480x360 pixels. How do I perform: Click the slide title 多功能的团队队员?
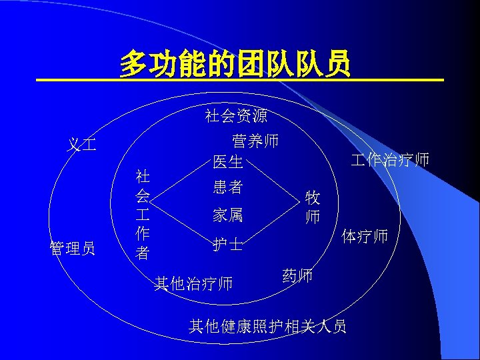(x=235, y=65)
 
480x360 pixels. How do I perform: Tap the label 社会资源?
(x=236, y=116)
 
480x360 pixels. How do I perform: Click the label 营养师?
(x=255, y=141)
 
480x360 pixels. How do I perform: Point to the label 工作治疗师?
(x=390, y=160)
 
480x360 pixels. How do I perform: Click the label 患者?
(x=228, y=187)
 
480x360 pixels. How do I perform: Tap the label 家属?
(x=228, y=215)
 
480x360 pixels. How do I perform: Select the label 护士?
(x=228, y=245)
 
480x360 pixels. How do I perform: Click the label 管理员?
(x=73, y=249)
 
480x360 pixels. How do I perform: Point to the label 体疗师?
(x=364, y=236)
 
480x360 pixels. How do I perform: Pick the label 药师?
(x=297, y=275)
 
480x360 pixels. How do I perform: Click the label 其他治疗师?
(x=193, y=284)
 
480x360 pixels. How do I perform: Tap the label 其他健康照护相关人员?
(x=267, y=326)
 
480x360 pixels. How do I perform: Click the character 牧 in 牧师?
(x=312, y=198)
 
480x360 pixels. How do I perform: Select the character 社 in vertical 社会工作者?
(x=143, y=177)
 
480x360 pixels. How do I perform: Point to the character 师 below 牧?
(x=312, y=217)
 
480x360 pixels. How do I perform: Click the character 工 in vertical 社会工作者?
(x=143, y=215)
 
